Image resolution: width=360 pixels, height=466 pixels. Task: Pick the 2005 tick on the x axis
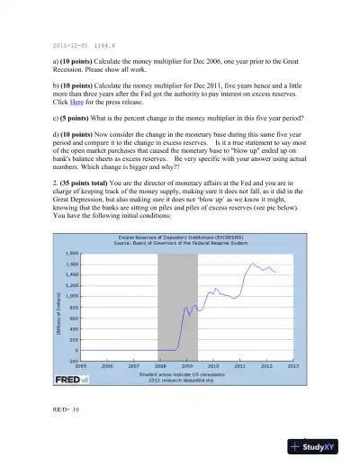pos(80,366)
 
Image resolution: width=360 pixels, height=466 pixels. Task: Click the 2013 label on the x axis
pos(292,366)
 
